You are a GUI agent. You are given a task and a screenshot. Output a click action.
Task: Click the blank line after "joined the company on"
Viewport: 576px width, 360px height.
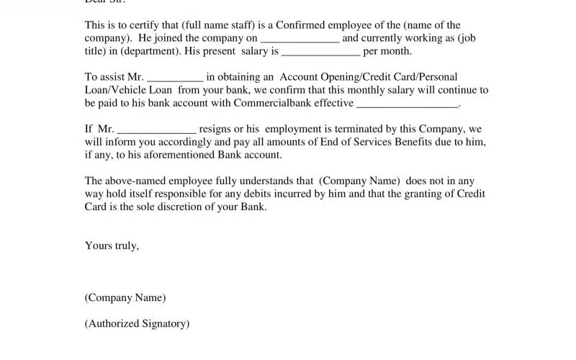300,38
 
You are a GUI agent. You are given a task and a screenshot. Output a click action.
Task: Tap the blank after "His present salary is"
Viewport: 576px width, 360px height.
320,51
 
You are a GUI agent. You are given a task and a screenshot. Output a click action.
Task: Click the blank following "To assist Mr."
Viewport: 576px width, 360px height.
175,77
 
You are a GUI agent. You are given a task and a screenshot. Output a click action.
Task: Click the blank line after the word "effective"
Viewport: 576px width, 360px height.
408,103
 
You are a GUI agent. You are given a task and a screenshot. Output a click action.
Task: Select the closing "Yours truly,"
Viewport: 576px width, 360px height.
112,246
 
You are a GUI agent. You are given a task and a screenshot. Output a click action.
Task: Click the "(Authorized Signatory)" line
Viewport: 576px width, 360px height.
137,324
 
